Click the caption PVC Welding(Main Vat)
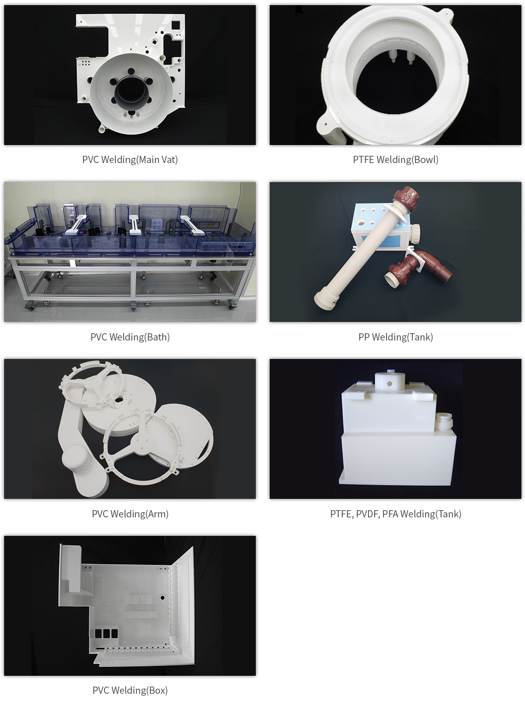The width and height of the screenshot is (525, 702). [x=130, y=159]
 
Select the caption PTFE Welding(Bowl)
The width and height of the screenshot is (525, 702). [x=395, y=159]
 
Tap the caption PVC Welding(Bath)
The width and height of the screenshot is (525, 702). [x=130, y=337]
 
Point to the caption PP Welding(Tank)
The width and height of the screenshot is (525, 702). [x=395, y=337]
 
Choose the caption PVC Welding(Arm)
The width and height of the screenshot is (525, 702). [x=130, y=514]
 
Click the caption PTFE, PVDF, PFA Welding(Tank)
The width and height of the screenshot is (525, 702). [x=395, y=514]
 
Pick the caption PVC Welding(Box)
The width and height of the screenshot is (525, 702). [x=130, y=690]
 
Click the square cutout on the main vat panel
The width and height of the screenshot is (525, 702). [x=176, y=25]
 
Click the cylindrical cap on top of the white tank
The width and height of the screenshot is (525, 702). [x=389, y=381]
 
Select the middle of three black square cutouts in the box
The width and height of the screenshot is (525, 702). [x=106, y=634]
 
